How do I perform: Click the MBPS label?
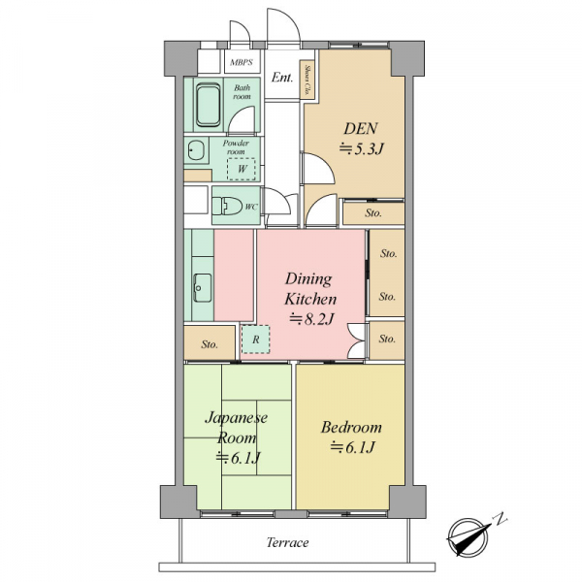pos(242,62)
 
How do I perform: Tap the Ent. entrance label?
pos(282,78)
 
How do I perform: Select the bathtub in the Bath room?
pos(208,105)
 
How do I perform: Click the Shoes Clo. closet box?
pos(307,81)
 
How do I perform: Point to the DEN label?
pos(361,128)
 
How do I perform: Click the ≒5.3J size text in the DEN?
pos(361,148)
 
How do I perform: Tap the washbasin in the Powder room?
pos(196,150)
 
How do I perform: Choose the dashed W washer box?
pos(242,169)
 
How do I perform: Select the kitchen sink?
pos(203,288)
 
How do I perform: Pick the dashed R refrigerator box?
pos(256,339)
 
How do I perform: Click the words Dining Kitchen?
pos(310,289)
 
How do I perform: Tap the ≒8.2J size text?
pos(311,318)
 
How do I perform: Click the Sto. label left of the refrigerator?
pos(210,344)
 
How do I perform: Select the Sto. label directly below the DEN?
pos(373,213)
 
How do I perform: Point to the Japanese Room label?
pos(237,428)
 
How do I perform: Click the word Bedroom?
pos(351,427)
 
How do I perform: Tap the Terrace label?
pos(288,542)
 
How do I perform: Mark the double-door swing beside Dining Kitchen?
pos(355,341)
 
